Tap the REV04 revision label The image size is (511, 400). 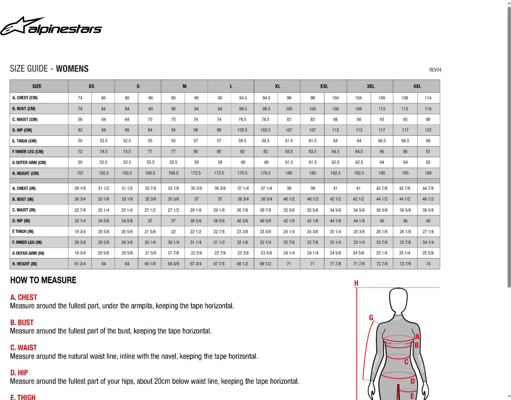click(x=435, y=70)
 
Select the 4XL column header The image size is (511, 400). click(x=417, y=86)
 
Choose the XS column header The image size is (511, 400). click(x=92, y=86)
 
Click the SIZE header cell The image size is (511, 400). click(x=37, y=86)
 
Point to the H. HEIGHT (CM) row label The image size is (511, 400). click(x=26, y=173)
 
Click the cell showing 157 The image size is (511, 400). click(x=80, y=173)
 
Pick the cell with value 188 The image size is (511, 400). click(x=428, y=173)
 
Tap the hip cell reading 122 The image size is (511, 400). click(x=428, y=130)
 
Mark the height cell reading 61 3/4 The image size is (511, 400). click(x=80, y=264)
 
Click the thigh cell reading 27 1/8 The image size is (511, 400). click(x=428, y=231)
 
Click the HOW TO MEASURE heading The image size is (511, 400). click(x=43, y=280)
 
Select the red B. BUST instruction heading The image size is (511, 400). click(x=22, y=323)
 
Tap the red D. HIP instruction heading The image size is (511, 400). click(x=19, y=373)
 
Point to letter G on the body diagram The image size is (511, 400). click(x=371, y=318)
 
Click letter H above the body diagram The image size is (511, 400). click(x=356, y=283)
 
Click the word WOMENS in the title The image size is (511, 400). click(x=72, y=69)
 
